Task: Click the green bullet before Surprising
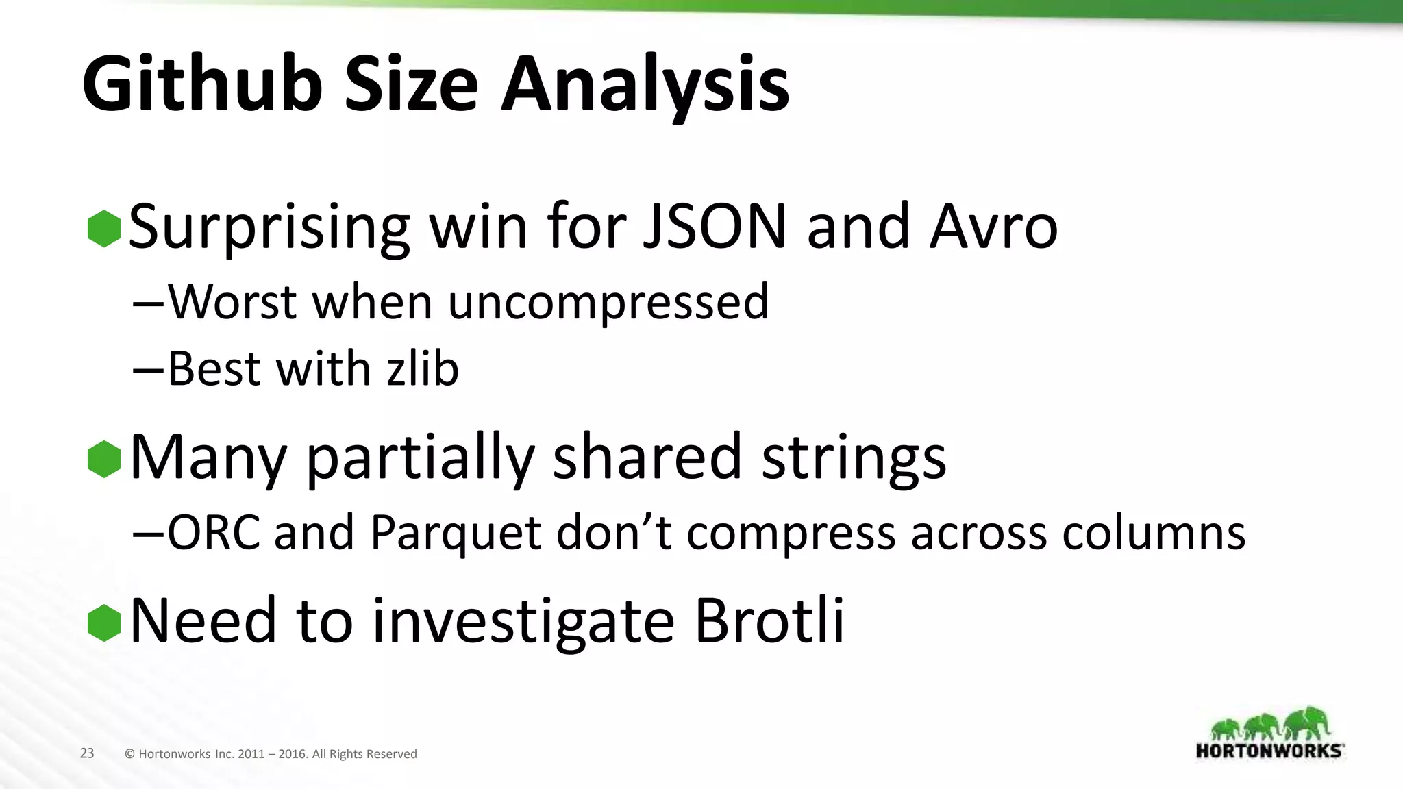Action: pyautogui.click(x=104, y=228)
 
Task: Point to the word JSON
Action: pyautogui.click(x=715, y=227)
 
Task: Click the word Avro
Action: pyautogui.click(x=993, y=227)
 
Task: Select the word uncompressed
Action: pyautogui.click(x=608, y=302)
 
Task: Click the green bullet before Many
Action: pyautogui.click(x=104, y=459)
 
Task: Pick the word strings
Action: pyautogui.click(x=854, y=458)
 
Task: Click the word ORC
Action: pyautogui.click(x=214, y=532)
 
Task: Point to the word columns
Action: pyautogui.click(x=1154, y=532)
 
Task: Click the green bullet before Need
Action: pyautogui.click(x=104, y=623)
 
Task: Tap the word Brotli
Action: pyautogui.click(x=769, y=621)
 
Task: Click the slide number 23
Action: pyautogui.click(x=87, y=753)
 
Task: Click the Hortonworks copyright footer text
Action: pyautogui.click(x=271, y=754)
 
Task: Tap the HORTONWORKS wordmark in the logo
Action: pyautogui.click(x=1269, y=751)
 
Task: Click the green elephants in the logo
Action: pyautogui.click(x=1269, y=724)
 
